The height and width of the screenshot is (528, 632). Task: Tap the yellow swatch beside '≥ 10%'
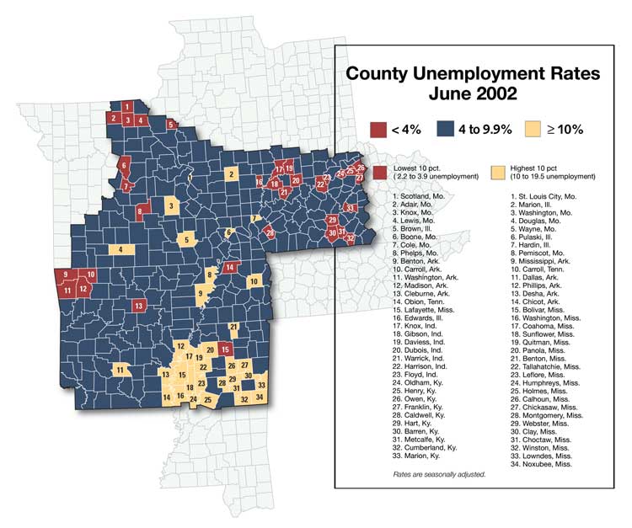tap(533, 129)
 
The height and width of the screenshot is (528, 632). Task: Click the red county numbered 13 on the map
tap(138, 305)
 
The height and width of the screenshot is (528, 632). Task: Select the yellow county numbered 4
tap(121, 249)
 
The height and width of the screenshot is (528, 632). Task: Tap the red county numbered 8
tap(142, 211)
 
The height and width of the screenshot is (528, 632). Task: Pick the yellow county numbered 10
tap(254, 280)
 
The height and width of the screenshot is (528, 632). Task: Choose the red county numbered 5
tap(171, 125)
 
